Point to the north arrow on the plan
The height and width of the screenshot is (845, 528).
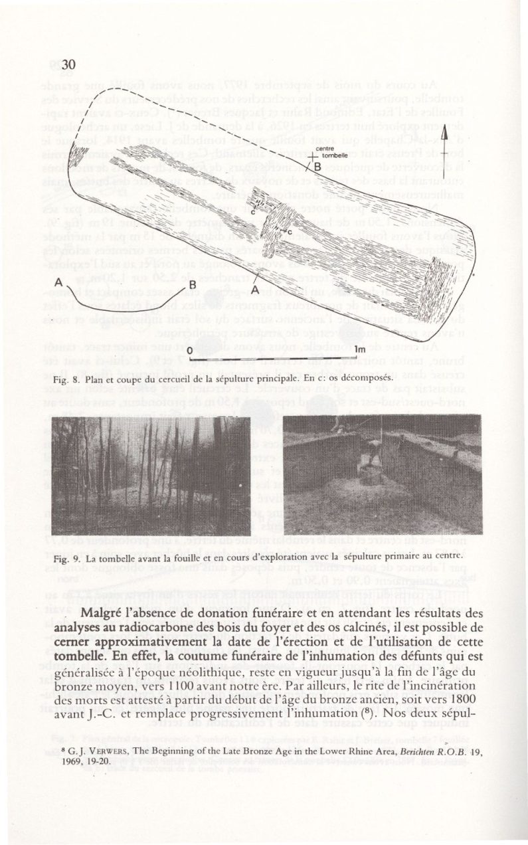point(464,310)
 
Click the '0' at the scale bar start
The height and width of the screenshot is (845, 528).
point(189,349)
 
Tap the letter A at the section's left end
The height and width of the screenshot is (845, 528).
point(58,281)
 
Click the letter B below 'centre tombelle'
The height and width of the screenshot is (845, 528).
point(317,166)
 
